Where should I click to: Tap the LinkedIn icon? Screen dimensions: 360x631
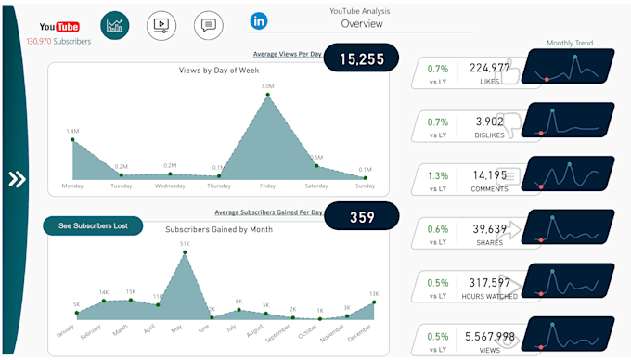pyautogui.click(x=259, y=20)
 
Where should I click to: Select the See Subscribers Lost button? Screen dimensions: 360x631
pyautogui.click(x=93, y=225)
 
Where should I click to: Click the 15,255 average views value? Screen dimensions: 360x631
pyautogui.click(x=360, y=58)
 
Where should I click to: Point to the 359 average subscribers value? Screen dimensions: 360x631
pyautogui.click(x=362, y=218)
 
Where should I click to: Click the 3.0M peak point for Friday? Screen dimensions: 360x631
pyautogui.click(x=267, y=95)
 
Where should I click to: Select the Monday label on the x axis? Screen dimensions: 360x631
pyautogui.click(x=72, y=186)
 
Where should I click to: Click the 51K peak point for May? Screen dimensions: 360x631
pyautogui.click(x=184, y=252)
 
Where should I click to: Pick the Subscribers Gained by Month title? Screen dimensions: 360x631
pyautogui.click(x=219, y=229)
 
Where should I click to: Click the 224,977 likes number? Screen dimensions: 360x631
pyautogui.click(x=489, y=68)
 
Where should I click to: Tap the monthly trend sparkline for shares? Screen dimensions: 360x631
pyautogui.click(x=568, y=226)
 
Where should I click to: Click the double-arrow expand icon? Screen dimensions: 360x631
pyautogui.click(x=17, y=179)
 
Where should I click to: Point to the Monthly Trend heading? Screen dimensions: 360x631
pyautogui.click(x=569, y=43)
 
